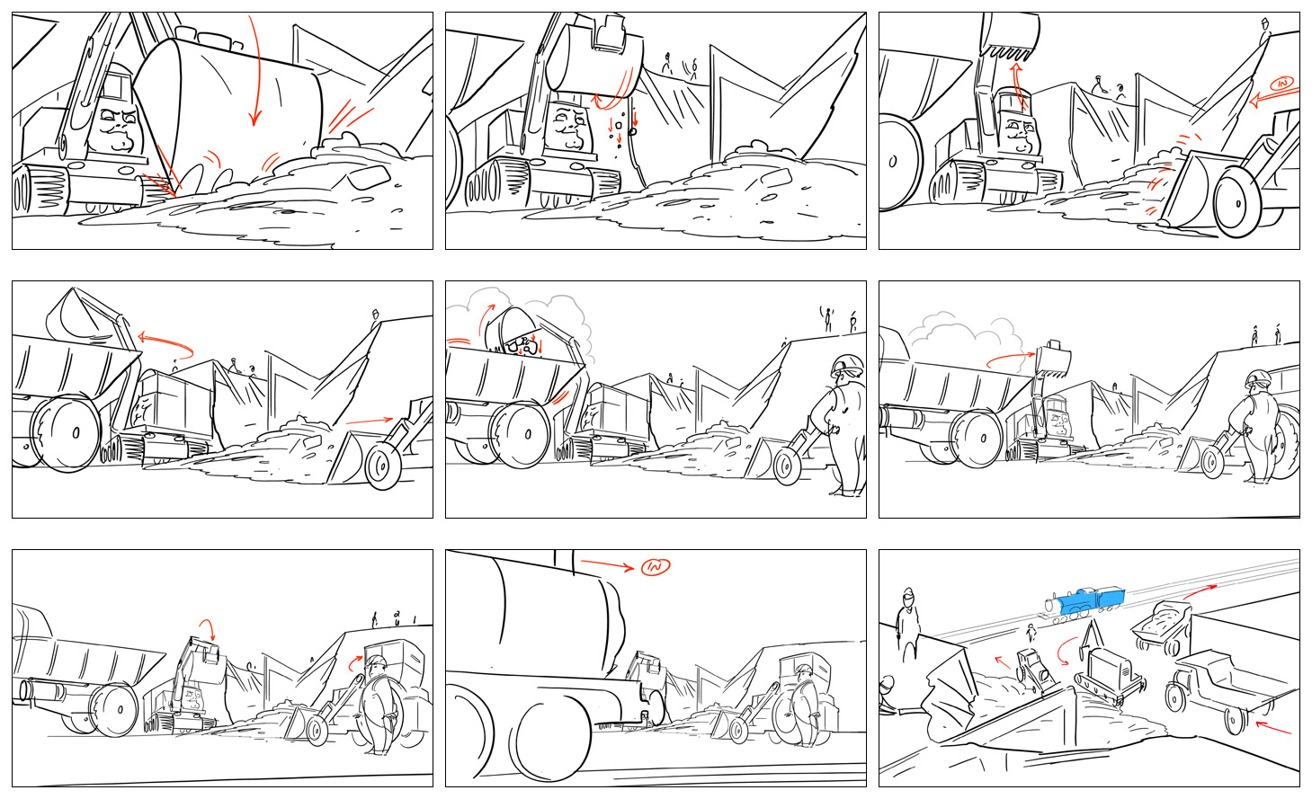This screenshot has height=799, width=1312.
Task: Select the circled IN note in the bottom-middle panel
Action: (656, 566)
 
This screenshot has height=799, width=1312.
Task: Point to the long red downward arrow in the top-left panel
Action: (254, 70)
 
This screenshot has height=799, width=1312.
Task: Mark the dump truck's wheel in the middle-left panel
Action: (68, 433)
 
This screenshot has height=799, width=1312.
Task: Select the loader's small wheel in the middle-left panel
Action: (382, 466)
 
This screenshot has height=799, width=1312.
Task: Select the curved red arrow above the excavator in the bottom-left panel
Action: (208, 628)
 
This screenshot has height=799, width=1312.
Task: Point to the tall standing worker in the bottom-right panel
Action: (907, 625)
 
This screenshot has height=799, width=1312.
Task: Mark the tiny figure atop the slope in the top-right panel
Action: (1265, 31)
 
